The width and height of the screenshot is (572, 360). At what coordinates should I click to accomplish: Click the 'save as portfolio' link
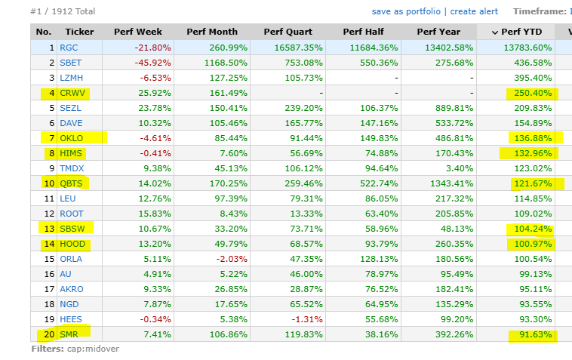406,11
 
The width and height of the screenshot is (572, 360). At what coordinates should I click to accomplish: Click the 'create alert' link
474,11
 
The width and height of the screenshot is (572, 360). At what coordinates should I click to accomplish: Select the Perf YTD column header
521,32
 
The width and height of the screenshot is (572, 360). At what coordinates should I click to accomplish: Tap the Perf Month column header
212,32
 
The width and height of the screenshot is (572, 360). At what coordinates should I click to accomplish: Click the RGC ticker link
69,48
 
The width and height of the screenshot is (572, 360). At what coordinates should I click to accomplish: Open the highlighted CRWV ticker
72,93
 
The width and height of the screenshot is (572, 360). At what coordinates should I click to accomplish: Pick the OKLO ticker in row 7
72,138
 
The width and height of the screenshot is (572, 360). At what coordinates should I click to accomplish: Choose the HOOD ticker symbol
72,244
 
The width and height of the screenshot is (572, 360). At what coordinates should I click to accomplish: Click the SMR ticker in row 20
69,334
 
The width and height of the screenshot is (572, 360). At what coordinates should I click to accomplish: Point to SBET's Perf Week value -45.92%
152,63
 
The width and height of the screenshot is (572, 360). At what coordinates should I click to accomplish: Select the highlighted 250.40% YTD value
533,93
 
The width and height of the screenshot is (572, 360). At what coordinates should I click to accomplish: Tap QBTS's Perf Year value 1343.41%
451,183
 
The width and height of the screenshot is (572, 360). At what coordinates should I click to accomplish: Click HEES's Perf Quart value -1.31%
307,319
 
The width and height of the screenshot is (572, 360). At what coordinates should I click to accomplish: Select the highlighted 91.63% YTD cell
536,334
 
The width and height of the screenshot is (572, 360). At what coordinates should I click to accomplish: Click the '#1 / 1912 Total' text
63,11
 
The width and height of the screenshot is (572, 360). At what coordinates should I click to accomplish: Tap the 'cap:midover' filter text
93,349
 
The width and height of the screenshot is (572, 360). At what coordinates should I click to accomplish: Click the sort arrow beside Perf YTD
495,32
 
